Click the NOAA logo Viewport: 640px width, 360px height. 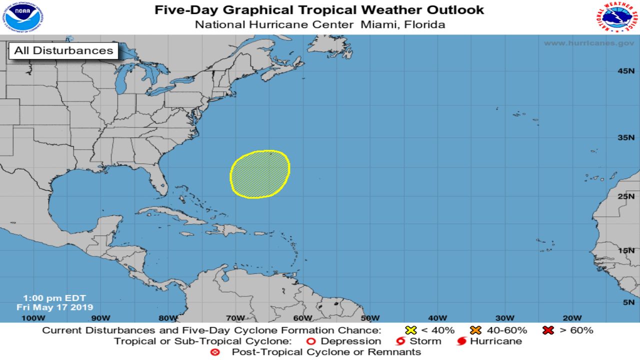click(22, 17)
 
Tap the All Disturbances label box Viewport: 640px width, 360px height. click(63, 50)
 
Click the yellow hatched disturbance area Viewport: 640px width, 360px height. click(260, 174)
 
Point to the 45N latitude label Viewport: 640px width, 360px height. click(625, 71)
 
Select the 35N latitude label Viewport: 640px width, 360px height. click(625, 137)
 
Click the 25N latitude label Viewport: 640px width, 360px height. click(625, 196)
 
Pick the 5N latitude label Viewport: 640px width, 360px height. click(628, 302)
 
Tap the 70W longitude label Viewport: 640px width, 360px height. click(235, 318)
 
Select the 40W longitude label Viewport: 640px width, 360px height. click(437, 318)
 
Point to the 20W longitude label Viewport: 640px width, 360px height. click(571, 318)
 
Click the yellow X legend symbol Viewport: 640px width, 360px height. click(411, 330)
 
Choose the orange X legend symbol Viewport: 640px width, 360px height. click(475, 330)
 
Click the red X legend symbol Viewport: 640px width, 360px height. click(548, 330)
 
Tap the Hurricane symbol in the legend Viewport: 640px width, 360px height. click(461, 341)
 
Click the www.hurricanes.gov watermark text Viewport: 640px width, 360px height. click(588, 43)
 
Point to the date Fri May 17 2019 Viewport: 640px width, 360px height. click(54, 307)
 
